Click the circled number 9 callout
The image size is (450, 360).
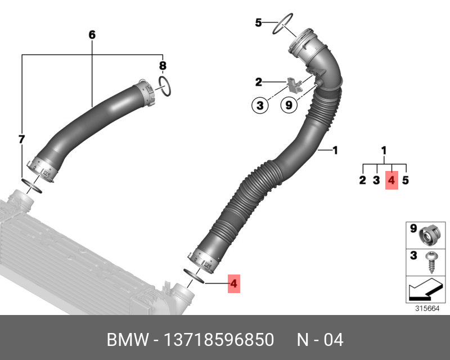[287, 105]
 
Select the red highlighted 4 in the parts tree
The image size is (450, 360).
[391, 180]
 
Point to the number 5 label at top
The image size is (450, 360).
[258, 23]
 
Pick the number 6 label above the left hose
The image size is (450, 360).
[92, 35]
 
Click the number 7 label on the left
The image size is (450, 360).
[21, 139]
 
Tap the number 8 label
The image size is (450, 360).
[162, 66]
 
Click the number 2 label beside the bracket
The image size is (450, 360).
[258, 82]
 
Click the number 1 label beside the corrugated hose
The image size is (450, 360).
[335, 150]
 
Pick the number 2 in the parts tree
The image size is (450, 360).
[363, 180]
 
